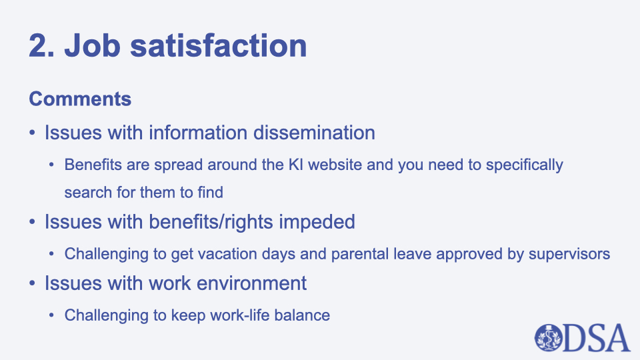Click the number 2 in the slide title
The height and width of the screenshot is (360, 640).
(39, 45)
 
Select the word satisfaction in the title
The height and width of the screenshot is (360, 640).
(219, 45)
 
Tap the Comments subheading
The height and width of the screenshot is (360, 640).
(80, 99)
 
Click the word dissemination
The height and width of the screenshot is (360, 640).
(314, 133)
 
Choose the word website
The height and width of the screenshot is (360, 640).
(335, 165)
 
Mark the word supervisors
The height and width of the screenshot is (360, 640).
(569, 255)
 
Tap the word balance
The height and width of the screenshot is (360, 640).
(302, 315)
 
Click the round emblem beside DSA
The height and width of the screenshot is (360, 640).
(549, 338)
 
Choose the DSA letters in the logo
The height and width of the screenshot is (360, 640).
(597, 338)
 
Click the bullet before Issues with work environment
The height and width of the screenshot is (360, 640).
(32, 283)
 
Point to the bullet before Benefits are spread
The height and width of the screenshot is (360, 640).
(51, 165)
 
